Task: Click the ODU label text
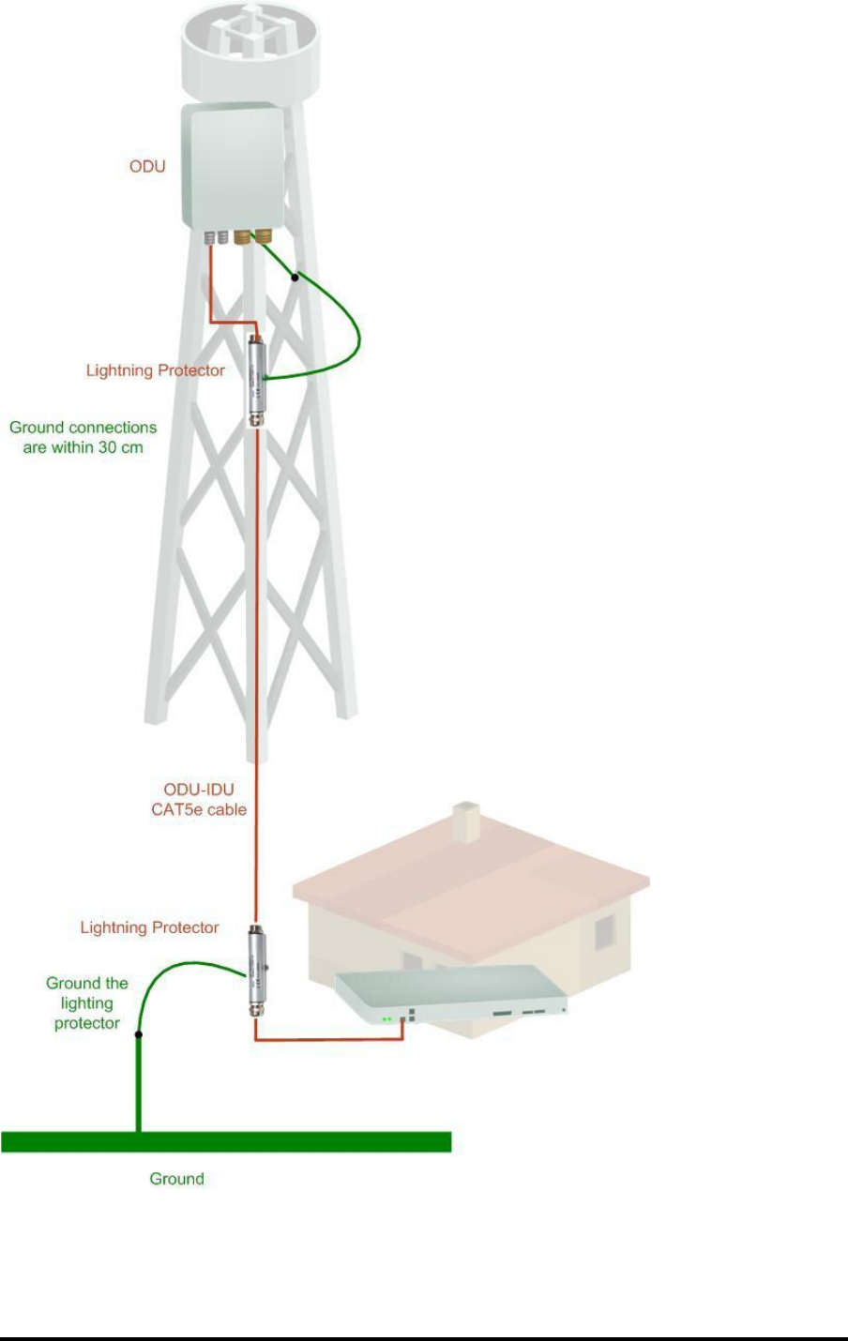tap(147, 166)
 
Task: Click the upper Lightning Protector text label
tap(156, 370)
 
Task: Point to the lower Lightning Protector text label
tap(150, 927)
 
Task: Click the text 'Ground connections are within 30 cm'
tap(83, 437)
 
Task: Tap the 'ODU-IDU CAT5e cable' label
tap(199, 799)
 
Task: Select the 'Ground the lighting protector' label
tap(87, 1002)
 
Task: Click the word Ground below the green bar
tap(176, 1179)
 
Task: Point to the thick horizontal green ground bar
tap(226, 1141)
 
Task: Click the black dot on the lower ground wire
tap(139, 1035)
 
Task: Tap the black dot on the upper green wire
tap(295, 278)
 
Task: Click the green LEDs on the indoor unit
tap(386, 1018)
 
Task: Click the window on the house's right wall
tap(605, 932)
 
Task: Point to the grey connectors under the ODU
tap(217, 237)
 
